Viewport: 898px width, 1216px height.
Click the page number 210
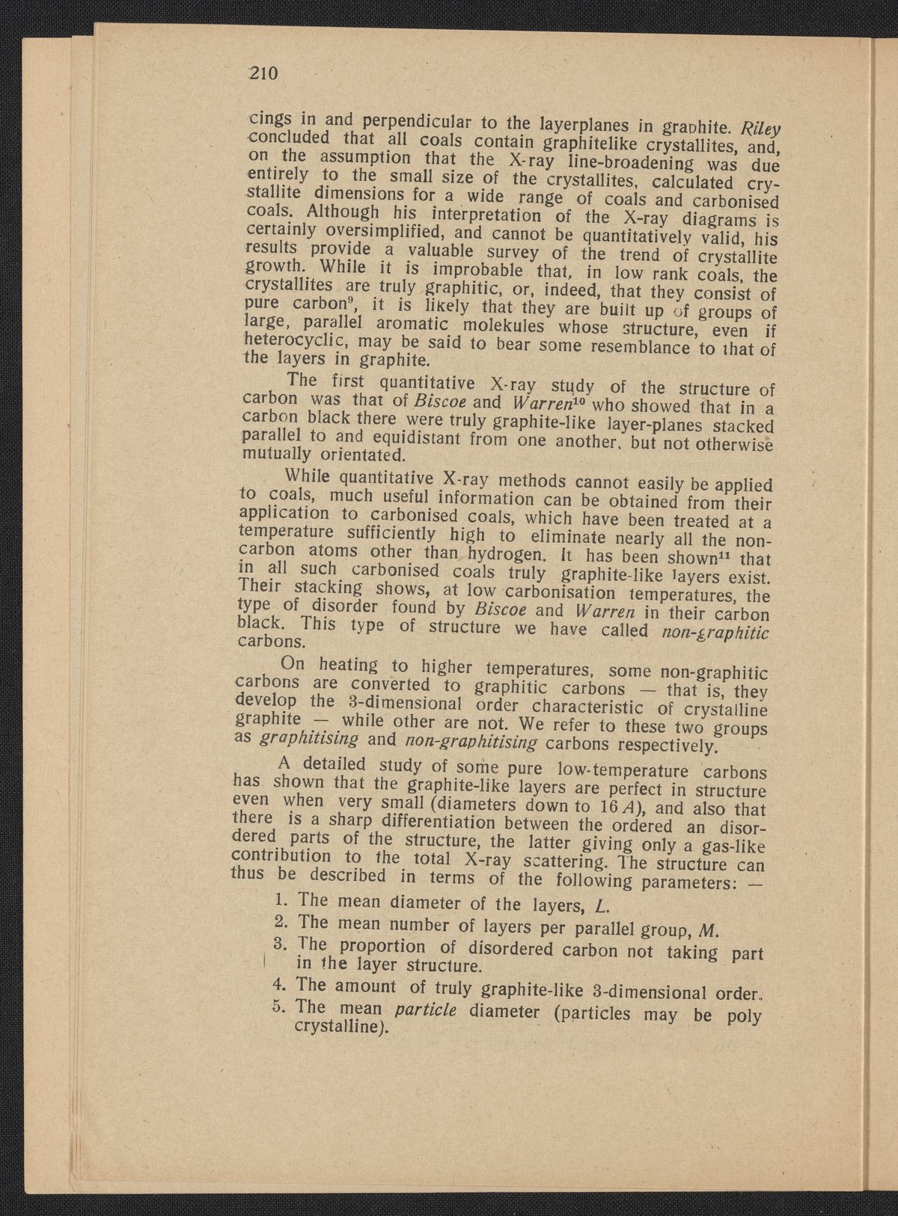tap(263, 74)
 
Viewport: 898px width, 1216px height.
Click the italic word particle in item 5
tap(425, 1011)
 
